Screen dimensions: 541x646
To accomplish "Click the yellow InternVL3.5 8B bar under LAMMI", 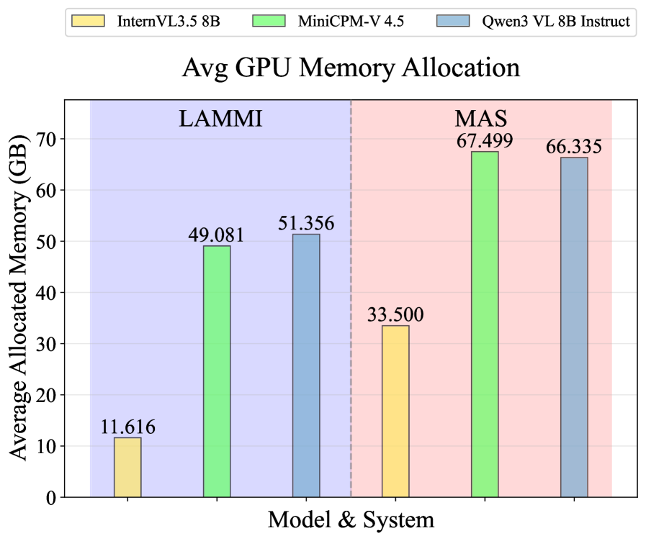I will (127, 467).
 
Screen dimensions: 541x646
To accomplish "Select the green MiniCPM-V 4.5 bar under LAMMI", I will (217, 371).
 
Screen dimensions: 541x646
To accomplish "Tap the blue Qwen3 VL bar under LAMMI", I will (306, 365).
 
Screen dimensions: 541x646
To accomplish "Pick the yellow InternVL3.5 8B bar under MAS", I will (395, 411).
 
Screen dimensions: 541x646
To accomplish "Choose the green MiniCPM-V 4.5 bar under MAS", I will (485, 324).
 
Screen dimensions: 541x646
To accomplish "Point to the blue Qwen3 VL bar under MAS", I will (574, 327).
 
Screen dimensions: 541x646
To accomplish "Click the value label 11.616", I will (128, 427).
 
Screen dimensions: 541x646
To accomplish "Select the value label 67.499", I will (485, 140).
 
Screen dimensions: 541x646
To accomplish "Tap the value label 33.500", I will (395, 314).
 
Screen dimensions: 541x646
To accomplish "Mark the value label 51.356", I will (306, 223).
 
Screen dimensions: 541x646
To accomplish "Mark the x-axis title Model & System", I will (351, 520).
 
